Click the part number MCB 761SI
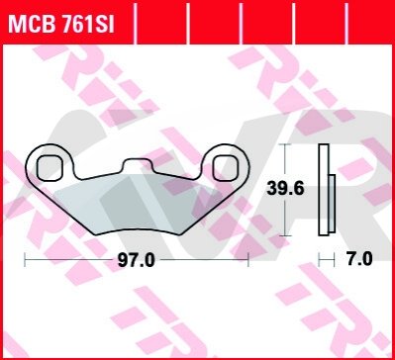coord(61,24)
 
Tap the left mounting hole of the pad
coord(49,168)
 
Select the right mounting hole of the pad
coord(226,168)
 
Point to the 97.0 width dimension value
coord(136,261)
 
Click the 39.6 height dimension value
coord(285,189)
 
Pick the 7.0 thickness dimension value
coord(359,259)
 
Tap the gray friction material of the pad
coord(136,206)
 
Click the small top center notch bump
coord(138,164)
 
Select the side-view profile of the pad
coord(327,190)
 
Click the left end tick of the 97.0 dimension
coord(25,260)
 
